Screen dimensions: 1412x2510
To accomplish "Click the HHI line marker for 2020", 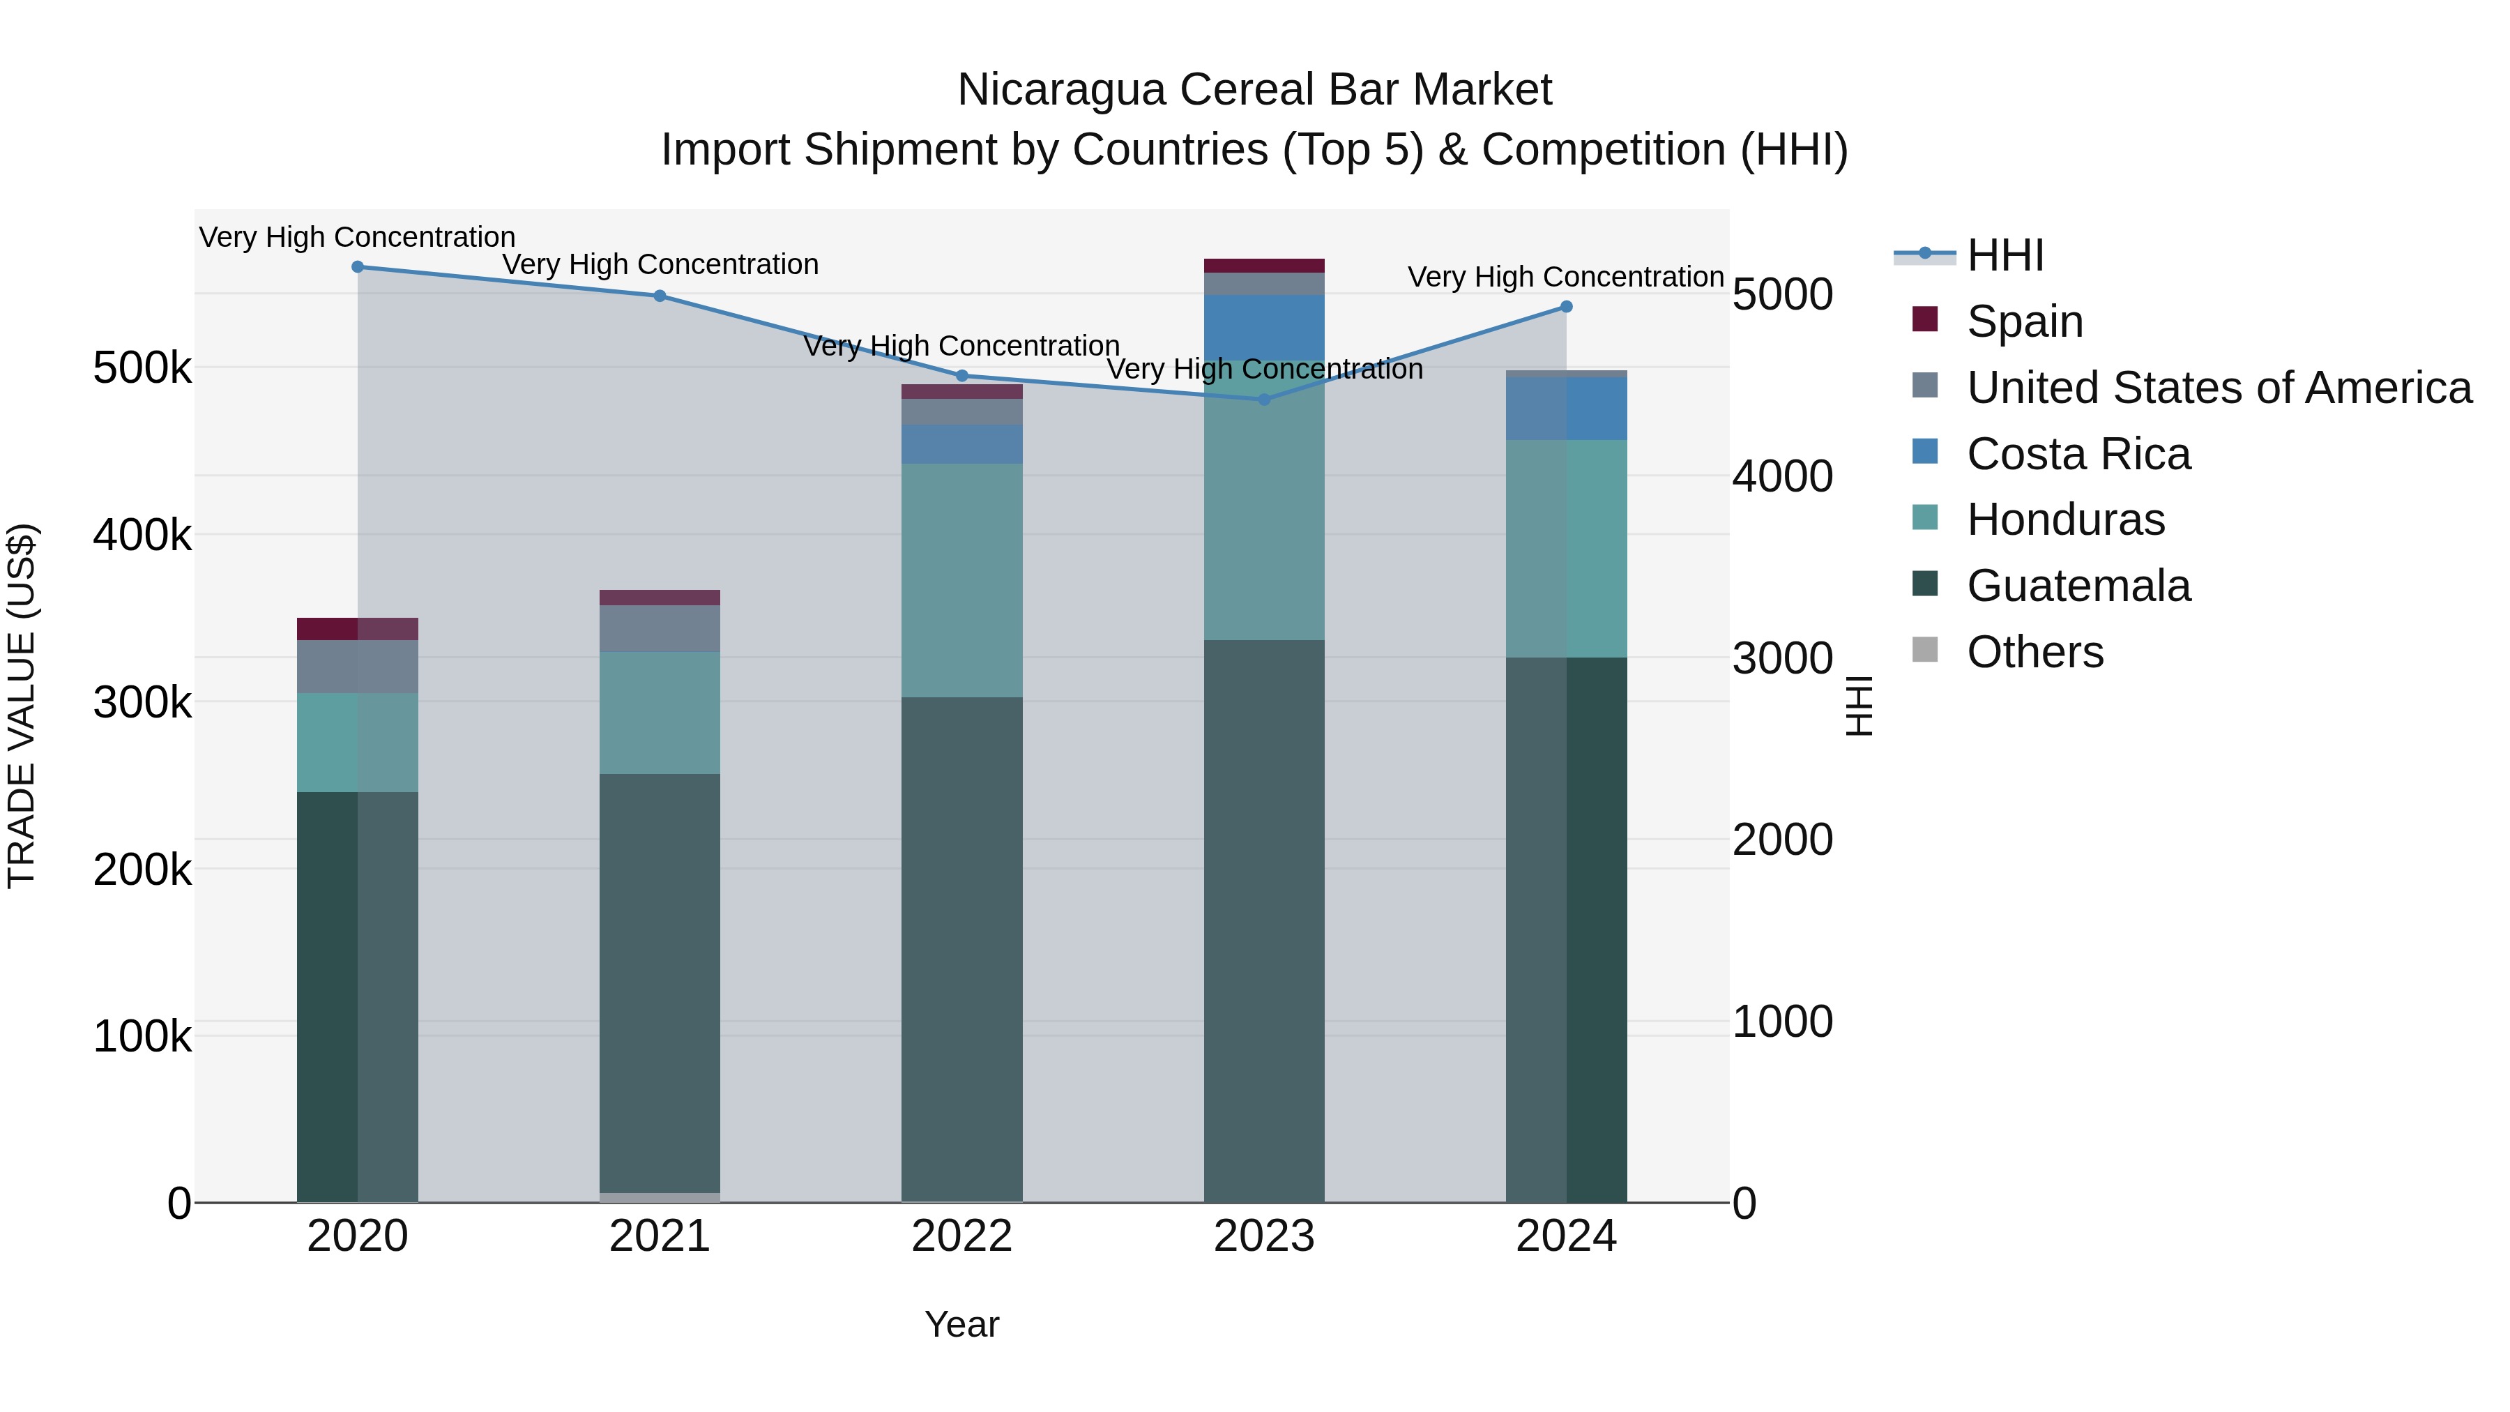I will (x=358, y=267).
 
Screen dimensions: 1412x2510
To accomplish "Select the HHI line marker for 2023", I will (x=1265, y=400).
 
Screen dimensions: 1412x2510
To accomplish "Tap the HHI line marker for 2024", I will (x=1567, y=307).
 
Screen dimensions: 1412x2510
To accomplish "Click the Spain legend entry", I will (x=2025, y=321).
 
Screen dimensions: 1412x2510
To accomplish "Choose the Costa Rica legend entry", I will (x=2078, y=454).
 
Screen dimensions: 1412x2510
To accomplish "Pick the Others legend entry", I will (x=2034, y=652).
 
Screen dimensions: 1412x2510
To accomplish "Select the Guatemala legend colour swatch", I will (x=1925, y=585).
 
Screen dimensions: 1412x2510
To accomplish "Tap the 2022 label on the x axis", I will (x=961, y=1236).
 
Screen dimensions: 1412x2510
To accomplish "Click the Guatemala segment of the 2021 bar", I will (x=660, y=984).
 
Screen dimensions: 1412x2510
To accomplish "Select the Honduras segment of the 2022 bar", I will (x=961, y=580).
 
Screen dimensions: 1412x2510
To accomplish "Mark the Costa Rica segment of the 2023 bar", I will (x=1265, y=328).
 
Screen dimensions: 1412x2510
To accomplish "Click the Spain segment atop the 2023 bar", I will (x=1265, y=266).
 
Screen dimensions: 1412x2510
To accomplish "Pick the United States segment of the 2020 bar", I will (x=358, y=667).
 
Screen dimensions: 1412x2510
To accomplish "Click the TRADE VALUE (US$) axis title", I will (x=22, y=706).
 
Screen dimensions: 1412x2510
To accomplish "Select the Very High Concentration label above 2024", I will (x=1566, y=278).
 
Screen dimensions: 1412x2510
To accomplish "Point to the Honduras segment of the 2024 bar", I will (x=1567, y=549).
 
